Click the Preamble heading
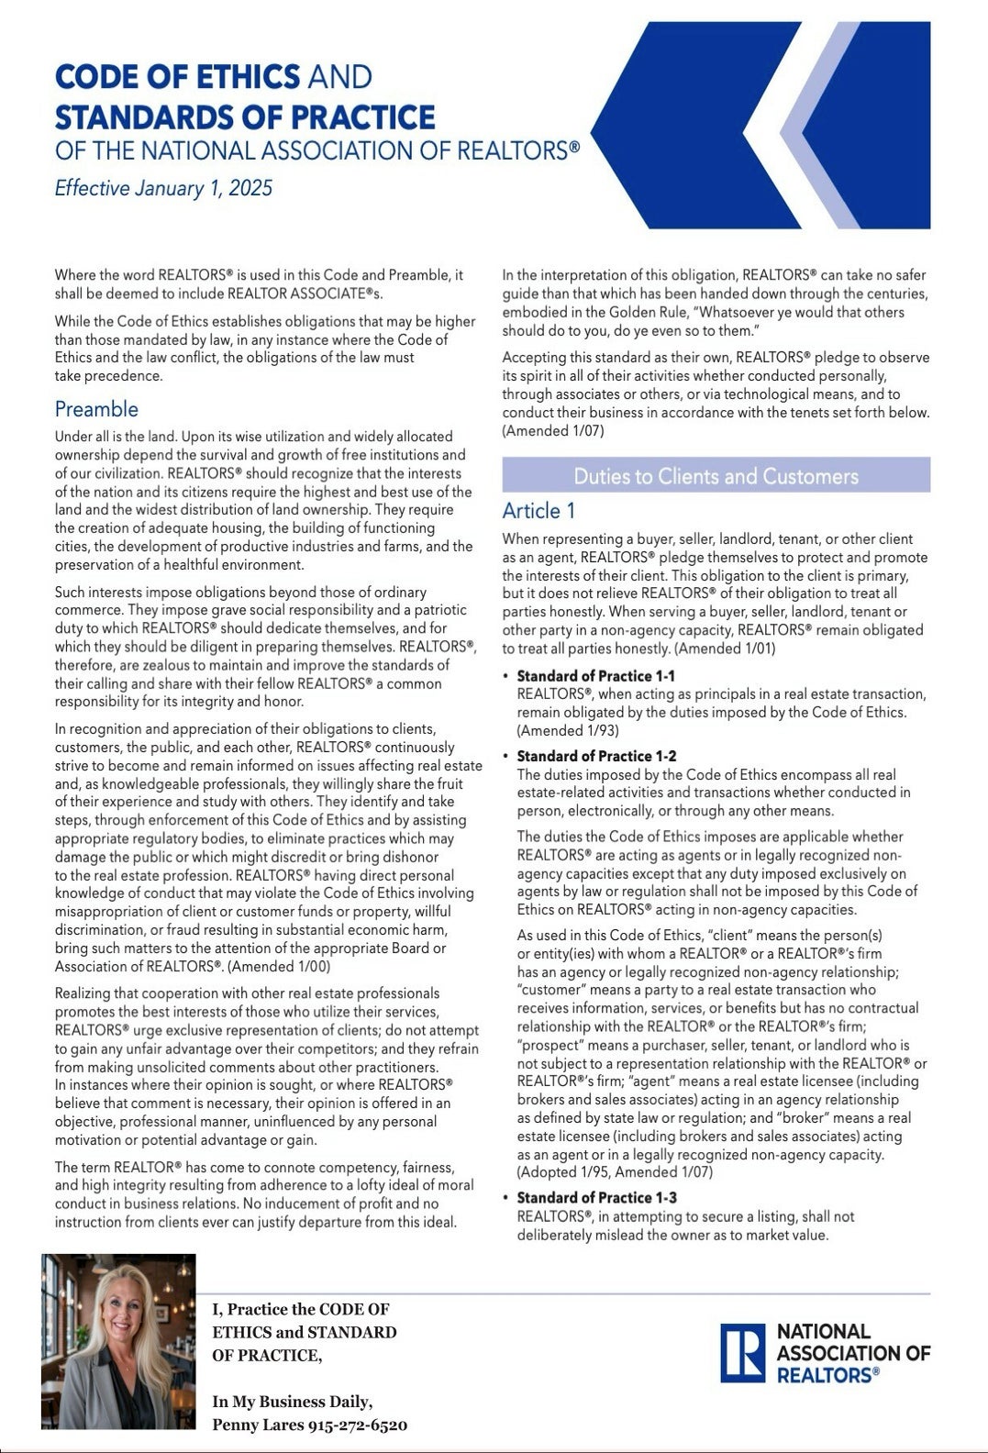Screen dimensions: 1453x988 click(96, 409)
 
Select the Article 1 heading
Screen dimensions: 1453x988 click(538, 511)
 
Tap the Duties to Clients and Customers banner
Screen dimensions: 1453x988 click(716, 476)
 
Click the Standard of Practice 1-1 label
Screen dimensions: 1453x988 click(595, 676)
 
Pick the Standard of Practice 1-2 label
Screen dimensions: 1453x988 click(596, 756)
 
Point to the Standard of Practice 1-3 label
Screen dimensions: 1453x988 click(596, 1198)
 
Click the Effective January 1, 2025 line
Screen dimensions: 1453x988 click(163, 188)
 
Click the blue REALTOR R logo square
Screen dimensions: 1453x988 click(742, 1353)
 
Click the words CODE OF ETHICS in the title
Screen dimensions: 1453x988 click(177, 76)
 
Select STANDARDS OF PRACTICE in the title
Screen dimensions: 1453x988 click(245, 117)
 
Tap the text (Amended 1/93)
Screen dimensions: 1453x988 click(568, 731)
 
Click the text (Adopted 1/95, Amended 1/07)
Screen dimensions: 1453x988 click(615, 1172)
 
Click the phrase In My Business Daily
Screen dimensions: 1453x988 click(292, 1402)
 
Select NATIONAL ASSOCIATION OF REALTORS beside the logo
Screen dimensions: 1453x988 click(852, 1353)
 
